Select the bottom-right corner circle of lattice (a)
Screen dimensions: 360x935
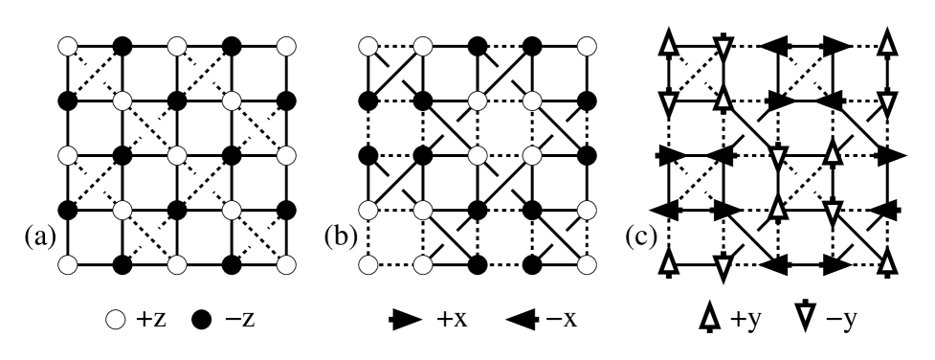(284, 261)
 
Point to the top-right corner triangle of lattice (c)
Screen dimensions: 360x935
(889, 45)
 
